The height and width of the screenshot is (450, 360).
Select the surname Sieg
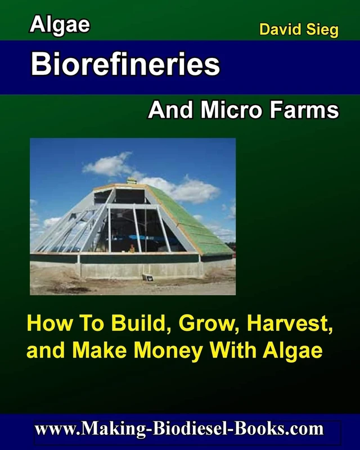click(322, 30)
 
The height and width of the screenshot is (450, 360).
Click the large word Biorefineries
click(125, 65)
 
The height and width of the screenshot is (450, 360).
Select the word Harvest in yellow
click(285, 325)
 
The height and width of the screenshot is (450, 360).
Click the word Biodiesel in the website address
click(195, 430)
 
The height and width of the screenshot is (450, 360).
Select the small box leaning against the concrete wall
click(147, 276)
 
